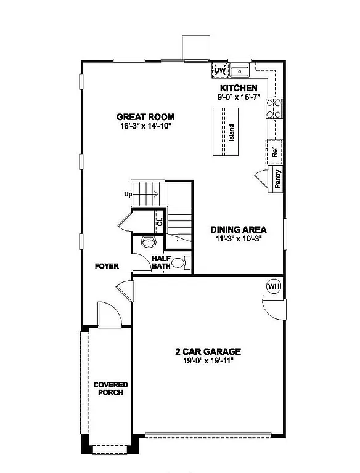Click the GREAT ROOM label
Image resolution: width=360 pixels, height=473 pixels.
pyautogui.click(x=145, y=116)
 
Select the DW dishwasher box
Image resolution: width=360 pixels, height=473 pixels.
pyautogui.click(x=219, y=70)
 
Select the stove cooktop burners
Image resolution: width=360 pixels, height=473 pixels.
pyautogui.click(x=274, y=109)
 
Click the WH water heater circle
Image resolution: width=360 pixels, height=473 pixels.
pyautogui.click(x=274, y=286)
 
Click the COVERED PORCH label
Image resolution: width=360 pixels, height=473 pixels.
pyautogui.click(x=110, y=389)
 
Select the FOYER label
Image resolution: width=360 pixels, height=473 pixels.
pyautogui.click(x=106, y=266)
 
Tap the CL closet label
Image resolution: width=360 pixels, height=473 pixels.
pyautogui.click(x=160, y=222)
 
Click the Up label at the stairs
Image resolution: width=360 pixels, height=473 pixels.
pyautogui.click(x=128, y=195)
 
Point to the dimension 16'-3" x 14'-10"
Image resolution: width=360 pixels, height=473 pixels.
pyautogui.click(x=145, y=126)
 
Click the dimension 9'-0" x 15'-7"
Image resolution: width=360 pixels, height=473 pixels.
pyautogui.click(x=238, y=97)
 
